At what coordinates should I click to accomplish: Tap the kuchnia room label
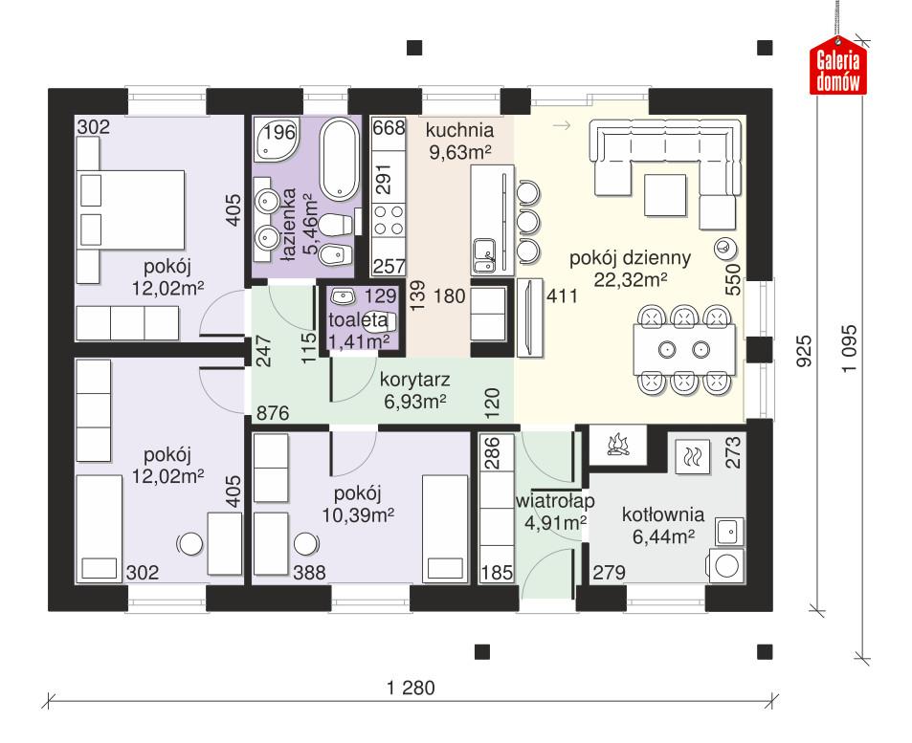(459, 129)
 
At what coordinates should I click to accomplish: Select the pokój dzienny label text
(617, 257)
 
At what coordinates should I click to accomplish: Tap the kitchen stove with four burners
(389, 222)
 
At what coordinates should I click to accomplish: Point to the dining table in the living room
(685, 349)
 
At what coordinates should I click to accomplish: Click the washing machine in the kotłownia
(726, 565)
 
